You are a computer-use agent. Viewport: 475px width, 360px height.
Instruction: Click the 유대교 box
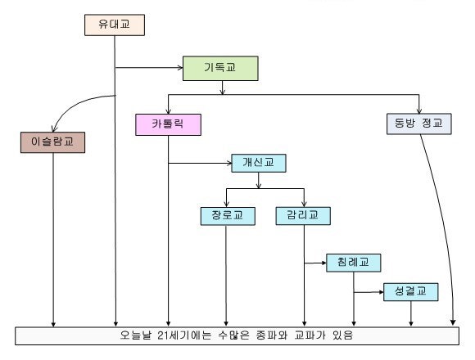115,25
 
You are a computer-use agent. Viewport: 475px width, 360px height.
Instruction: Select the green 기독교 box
220,68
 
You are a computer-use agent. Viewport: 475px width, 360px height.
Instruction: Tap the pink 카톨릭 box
168,124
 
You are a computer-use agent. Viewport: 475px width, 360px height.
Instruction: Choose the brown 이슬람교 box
52,142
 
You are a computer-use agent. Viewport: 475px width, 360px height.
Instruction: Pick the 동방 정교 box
419,124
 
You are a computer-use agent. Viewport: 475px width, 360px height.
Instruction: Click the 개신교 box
259,163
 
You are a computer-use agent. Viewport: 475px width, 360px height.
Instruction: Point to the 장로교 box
228,216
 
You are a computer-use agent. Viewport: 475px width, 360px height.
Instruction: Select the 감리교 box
303,216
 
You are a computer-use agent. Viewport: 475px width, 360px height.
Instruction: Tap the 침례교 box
354,263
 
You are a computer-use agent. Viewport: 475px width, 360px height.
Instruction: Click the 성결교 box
411,292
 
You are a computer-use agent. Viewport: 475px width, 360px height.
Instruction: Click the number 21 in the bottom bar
164,335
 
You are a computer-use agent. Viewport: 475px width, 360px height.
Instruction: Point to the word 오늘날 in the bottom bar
136,335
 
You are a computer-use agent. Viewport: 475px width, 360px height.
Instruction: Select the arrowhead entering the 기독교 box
180,68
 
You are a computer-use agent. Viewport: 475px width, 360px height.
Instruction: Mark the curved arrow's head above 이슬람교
54,128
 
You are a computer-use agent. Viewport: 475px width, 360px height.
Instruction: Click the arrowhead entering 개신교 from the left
229,163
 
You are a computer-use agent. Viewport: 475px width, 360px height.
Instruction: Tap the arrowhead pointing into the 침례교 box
323,263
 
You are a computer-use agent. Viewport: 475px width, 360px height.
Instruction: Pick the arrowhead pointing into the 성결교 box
381,292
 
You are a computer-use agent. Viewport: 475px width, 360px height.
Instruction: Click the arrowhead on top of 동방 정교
419,110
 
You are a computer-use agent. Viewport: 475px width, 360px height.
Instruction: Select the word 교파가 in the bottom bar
310,335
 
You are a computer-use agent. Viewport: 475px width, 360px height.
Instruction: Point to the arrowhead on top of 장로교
226,204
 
